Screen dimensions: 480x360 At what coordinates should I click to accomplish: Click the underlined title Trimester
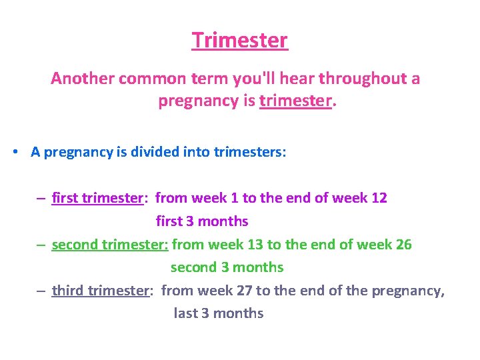coord(240,40)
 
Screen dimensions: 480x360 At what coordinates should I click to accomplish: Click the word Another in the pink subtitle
coord(83,78)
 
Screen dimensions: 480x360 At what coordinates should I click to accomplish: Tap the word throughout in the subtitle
coord(363,79)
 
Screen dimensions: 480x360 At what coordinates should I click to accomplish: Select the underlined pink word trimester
coord(296,101)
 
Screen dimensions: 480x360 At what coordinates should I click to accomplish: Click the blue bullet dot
coord(15,151)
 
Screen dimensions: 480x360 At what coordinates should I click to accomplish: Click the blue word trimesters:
coord(250,152)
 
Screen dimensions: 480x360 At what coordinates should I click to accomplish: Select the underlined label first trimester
coord(97,198)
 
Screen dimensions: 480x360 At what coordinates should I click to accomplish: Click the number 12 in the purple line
coord(379,198)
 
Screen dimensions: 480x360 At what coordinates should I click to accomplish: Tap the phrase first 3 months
coord(202,221)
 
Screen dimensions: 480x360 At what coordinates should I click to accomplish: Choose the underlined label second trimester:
coord(110,245)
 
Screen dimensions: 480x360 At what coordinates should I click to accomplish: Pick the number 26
coord(404,245)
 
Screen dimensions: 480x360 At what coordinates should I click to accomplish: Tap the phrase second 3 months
coord(227,267)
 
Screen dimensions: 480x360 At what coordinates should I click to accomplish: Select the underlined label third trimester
coord(101,291)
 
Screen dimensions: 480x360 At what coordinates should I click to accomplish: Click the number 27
coord(244,291)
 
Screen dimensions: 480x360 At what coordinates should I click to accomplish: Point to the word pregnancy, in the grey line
coord(408,291)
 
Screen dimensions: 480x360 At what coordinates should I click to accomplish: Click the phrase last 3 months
coord(219,313)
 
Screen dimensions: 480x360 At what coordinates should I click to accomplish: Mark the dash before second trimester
coord(41,245)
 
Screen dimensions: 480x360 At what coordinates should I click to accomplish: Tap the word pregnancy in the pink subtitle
coord(199,101)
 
